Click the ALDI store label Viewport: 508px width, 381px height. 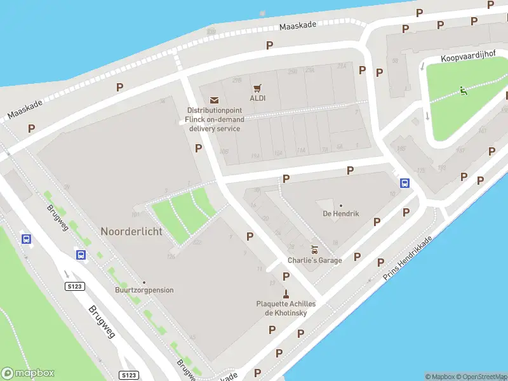(257, 98)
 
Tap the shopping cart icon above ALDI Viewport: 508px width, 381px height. (257, 88)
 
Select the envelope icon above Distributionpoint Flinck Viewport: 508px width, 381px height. (214, 100)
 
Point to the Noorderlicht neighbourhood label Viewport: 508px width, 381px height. (131, 231)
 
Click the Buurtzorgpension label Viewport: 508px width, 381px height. (144, 290)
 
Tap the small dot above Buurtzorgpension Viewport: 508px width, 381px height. (144, 283)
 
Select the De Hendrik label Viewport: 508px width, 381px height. (341, 213)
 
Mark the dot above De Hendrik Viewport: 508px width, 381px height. (341, 205)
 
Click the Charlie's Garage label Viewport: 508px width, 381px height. (314, 260)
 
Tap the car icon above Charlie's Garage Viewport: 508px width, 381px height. (314, 250)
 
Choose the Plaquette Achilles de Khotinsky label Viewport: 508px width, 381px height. (286, 308)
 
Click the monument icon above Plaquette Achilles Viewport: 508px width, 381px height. (286, 293)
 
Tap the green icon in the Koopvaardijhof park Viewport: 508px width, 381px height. (464, 91)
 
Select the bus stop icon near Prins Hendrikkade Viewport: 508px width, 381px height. (404, 184)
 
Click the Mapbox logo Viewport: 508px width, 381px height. (28, 373)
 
